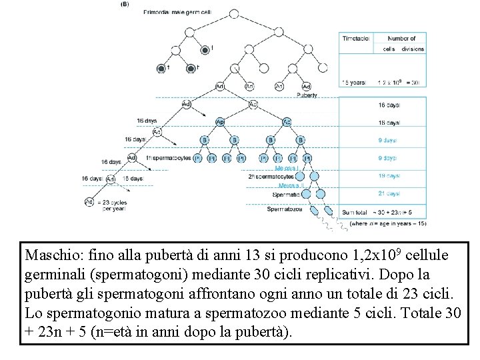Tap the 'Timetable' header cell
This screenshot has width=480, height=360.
pos(356,39)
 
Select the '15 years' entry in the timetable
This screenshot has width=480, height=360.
pos(354,83)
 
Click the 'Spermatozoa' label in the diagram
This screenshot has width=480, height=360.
pos(285,209)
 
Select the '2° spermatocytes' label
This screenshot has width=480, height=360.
pos(271,177)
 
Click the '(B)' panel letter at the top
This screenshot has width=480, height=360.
pos(125,3)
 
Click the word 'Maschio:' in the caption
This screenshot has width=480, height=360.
pos(51,255)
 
